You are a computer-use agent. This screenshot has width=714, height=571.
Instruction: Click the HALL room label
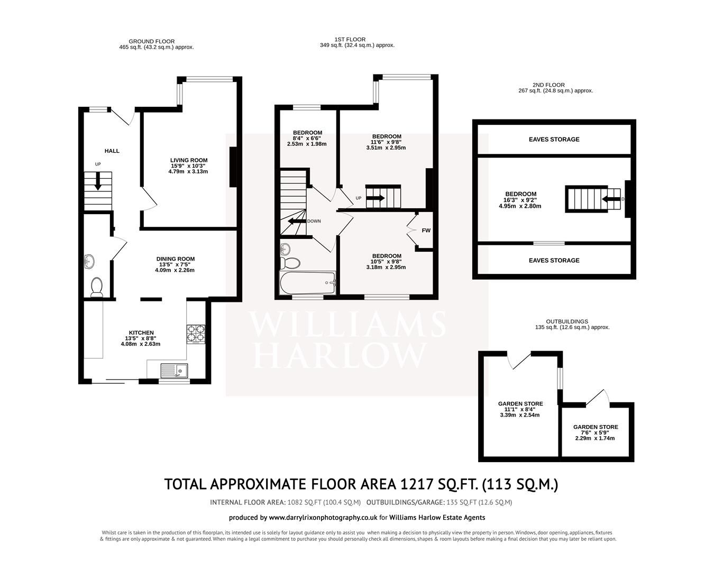(x=112, y=151)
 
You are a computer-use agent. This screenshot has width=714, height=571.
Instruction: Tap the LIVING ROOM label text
(x=188, y=160)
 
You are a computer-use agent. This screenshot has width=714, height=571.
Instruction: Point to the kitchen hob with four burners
(x=196, y=333)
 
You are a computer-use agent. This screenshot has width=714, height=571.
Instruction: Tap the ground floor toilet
(x=96, y=287)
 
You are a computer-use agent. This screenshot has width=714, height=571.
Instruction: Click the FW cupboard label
(x=426, y=231)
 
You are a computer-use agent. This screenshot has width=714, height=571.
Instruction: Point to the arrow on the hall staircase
(x=98, y=182)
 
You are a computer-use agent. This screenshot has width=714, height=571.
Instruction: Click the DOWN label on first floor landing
(x=314, y=222)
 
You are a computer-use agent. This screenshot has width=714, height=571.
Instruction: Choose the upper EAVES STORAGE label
(x=554, y=140)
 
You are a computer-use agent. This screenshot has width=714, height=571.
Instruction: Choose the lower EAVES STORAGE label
(x=554, y=261)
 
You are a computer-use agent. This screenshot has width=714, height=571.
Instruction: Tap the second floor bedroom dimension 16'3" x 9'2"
(x=520, y=200)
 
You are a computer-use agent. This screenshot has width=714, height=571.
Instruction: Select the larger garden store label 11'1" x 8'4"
(x=520, y=409)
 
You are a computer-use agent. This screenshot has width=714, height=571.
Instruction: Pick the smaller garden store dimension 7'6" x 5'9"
(x=595, y=432)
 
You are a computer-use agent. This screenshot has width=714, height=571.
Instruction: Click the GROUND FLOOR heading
(x=151, y=41)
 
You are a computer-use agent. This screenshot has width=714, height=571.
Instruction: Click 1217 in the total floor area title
(x=418, y=484)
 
